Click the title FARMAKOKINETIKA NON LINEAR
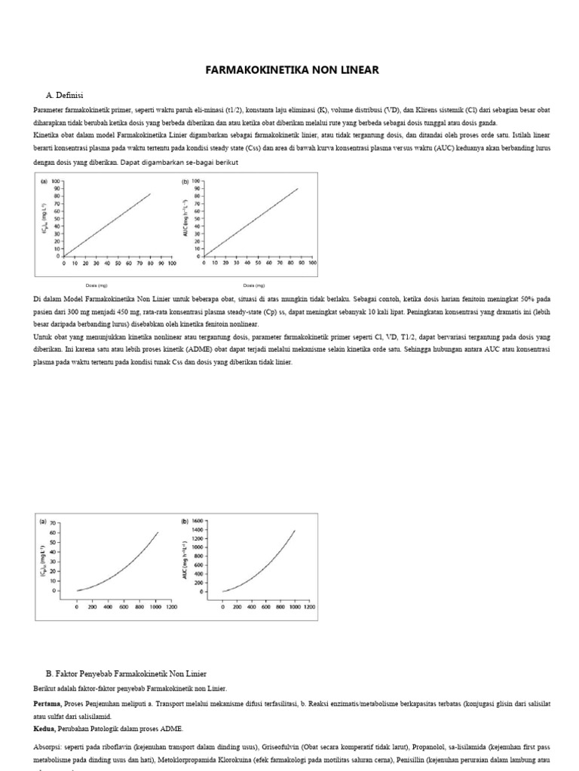tap(293, 70)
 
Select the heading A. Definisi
tap(64, 96)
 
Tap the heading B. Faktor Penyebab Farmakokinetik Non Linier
tap(126, 672)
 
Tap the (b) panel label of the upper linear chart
tap(185, 181)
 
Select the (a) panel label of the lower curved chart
tap(42, 520)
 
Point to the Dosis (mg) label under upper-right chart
tap(253, 286)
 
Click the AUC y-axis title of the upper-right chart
tap(185, 218)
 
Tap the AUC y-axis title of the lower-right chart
tap(185, 557)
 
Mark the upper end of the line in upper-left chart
tap(151, 194)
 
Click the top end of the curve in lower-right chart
tap(295, 530)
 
